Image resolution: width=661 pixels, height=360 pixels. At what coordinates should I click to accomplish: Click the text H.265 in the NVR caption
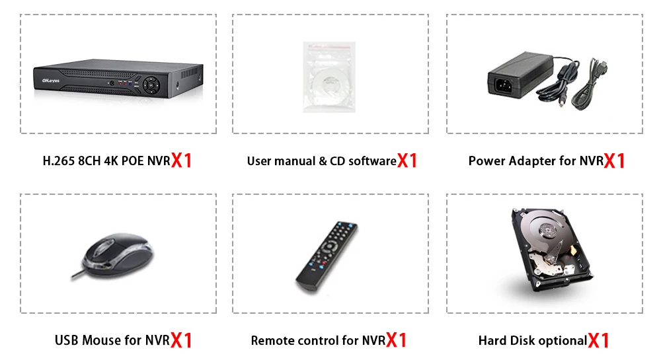click(58, 161)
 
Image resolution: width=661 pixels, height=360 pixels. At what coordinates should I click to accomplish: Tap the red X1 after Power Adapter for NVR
click(615, 161)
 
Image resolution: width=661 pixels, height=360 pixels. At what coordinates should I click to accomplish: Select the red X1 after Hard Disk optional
click(598, 341)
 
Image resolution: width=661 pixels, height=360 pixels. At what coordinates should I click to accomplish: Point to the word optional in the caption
click(562, 341)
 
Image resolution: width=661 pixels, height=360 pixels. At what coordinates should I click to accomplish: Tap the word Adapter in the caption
click(531, 161)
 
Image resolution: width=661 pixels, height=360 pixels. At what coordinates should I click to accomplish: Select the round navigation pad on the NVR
click(151, 85)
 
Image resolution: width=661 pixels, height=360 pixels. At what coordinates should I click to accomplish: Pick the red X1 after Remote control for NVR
click(397, 341)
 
